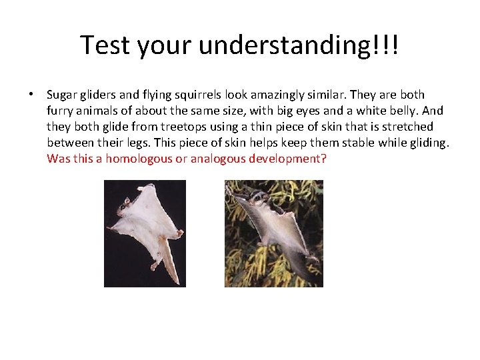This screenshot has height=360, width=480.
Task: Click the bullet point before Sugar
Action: point(31,95)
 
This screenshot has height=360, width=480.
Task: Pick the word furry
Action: point(62,111)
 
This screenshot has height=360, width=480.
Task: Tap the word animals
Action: point(101,111)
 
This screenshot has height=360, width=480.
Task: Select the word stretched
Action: point(407,127)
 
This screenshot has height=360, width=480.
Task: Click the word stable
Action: point(360,143)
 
